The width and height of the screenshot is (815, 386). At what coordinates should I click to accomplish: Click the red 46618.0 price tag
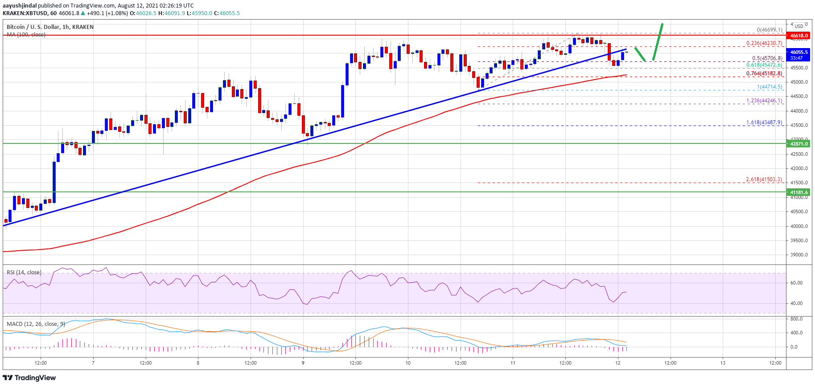pos(799,36)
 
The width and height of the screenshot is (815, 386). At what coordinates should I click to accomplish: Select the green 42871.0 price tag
pos(799,144)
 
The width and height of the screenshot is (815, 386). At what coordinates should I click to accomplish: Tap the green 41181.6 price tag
pos(799,193)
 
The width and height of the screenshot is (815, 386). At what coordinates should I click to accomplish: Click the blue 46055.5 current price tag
pos(799,52)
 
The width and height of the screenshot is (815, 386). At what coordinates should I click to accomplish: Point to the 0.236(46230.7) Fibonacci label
pos(764,44)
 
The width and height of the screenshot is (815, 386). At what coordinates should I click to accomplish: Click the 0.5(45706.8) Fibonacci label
pos(767,58)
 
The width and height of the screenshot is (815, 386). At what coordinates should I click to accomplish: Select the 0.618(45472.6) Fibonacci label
pos(764,65)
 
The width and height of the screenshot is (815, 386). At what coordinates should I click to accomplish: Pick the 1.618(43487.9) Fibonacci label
pos(764,122)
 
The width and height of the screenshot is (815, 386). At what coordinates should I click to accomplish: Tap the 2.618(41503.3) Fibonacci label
pos(764,179)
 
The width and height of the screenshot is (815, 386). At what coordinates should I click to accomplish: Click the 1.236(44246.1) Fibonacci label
pos(764,101)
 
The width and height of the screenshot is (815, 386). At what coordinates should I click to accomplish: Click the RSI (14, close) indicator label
pos(24,272)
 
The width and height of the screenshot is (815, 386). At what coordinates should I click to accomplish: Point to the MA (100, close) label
pos(26,35)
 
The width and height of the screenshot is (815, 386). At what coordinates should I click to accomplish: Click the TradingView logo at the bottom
pos(29,378)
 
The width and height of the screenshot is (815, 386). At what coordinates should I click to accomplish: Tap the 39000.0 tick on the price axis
pos(799,255)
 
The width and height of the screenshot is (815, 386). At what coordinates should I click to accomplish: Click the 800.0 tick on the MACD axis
pos(796,319)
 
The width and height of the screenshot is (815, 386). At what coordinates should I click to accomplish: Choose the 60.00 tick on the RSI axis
pos(796,283)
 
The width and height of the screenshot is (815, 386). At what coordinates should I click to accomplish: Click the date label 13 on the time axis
pos(723,363)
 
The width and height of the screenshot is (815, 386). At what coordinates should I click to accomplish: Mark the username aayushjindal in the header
pos(19,6)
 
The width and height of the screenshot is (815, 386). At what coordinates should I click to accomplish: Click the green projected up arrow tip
pos(663,24)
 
